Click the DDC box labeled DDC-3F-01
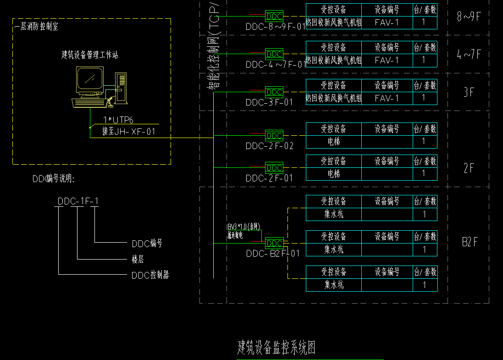[274, 92]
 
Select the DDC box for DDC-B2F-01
[274, 243]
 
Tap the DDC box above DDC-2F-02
[274, 136]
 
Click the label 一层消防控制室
[36, 27]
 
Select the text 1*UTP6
[118, 120]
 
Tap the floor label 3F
[468, 92]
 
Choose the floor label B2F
[470, 242]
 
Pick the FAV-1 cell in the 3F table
[387, 98]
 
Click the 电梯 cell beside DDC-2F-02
[334, 142]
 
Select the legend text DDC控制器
[150, 275]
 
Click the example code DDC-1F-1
[78, 201]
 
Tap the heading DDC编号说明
[53, 179]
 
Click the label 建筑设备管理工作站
[90, 55]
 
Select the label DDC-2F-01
[269, 178]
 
